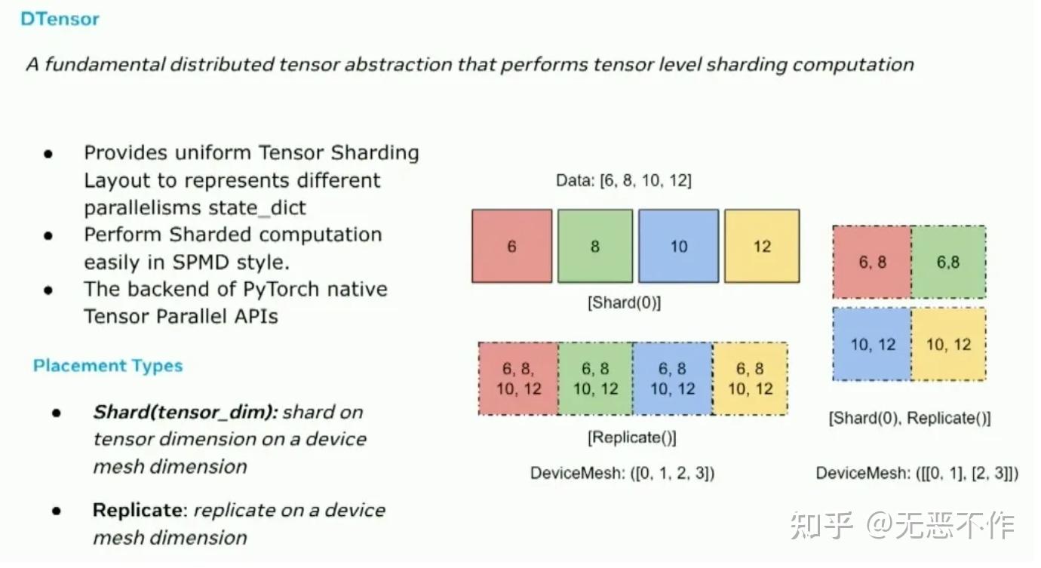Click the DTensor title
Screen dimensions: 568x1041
point(60,20)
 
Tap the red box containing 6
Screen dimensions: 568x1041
point(512,247)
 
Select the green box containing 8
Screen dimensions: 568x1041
point(595,247)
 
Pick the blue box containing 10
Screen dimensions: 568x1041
point(679,247)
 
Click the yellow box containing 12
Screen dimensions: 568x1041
point(762,247)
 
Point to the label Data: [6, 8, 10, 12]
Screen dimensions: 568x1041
point(623,181)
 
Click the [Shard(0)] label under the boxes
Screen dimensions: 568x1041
point(624,303)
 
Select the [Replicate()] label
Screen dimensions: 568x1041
point(632,438)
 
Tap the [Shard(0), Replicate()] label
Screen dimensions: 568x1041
point(910,418)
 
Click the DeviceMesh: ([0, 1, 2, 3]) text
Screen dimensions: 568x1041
point(622,474)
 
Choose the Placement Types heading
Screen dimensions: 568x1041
point(108,366)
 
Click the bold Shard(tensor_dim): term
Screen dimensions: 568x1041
point(186,413)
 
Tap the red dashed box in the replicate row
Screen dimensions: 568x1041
point(518,379)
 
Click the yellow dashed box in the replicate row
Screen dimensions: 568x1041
point(750,379)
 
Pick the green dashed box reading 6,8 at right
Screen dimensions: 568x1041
point(948,263)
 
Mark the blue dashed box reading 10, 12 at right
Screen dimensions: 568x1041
point(872,345)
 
